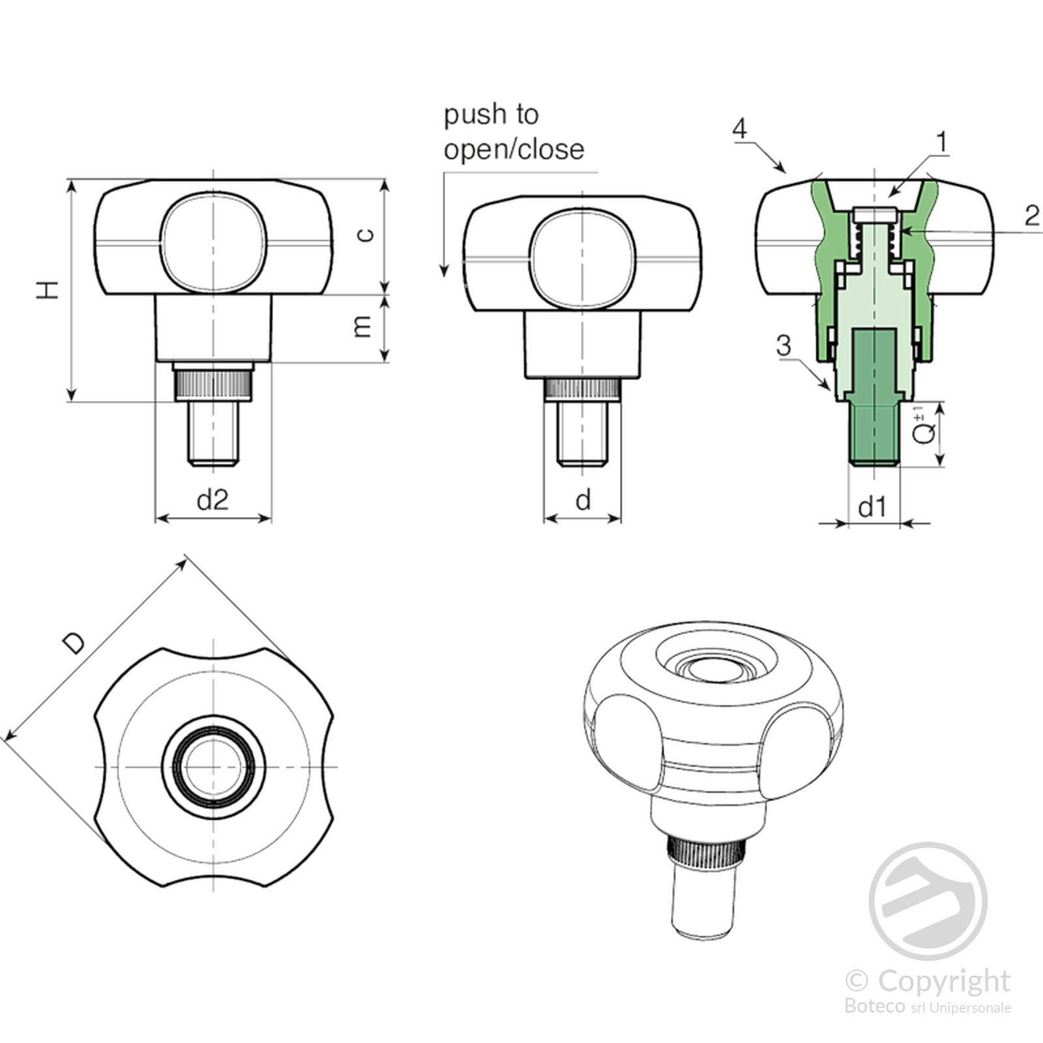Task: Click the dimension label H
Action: [48, 290]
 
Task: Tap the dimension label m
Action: [362, 327]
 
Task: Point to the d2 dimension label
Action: [213, 500]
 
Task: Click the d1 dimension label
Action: [873, 507]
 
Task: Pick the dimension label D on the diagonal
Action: [74, 643]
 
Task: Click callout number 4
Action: [739, 128]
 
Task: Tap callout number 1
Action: [941, 141]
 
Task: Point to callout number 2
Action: [1031, 216]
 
